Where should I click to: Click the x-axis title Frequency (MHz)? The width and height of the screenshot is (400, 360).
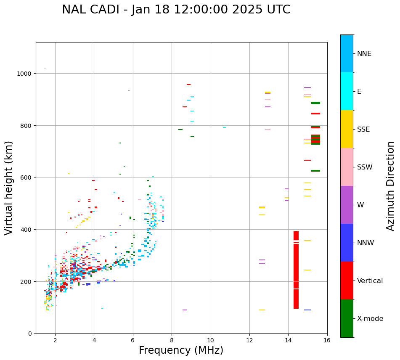click(x=181, y=350)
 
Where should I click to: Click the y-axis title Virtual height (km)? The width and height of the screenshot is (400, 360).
click(x=9, y=188)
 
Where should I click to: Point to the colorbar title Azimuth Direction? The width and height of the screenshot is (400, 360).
click(x=391, y=186)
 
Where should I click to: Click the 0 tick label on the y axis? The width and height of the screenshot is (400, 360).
click(x=29, y=334)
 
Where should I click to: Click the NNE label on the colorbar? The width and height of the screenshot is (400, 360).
click(x=364, y=53)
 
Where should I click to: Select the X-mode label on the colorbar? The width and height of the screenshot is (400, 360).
click(x=370, y=318)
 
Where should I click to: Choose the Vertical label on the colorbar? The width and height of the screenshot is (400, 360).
click(x=370, y=281)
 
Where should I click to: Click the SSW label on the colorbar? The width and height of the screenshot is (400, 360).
click(x=365, y=167)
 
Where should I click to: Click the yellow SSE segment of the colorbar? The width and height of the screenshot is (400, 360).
click(x=347, y=129)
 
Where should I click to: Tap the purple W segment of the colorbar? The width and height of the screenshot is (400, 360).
click(x=347, y=205)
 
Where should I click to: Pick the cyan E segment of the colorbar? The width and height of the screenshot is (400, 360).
click(x=347, y=91)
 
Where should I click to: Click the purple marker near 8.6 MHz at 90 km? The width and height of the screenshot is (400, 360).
click(x=185, y=310)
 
